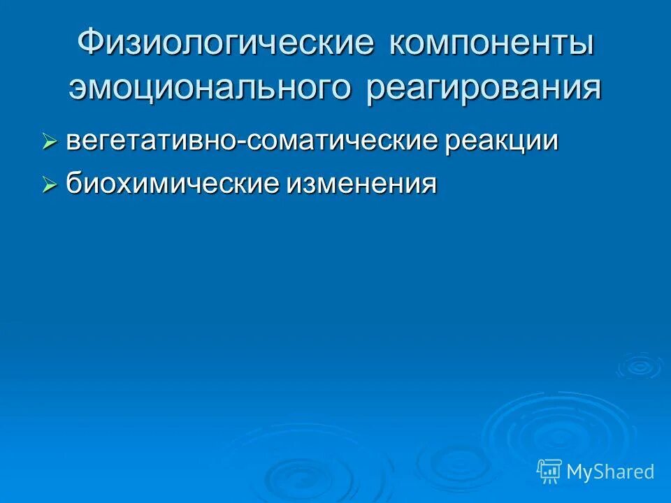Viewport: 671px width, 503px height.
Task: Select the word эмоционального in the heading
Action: pos(210,89)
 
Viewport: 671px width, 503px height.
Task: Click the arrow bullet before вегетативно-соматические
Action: pos(49,143)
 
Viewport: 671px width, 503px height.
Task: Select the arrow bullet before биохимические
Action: pos(49,185)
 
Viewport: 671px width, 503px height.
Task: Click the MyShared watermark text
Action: pos(610,472)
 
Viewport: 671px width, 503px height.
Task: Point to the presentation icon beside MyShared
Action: pos(549,472)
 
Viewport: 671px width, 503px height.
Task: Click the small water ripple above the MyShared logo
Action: pos(640,365)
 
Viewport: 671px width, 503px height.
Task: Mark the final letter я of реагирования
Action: pos(591,89)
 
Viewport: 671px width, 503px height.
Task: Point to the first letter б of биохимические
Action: pos(73,184)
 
